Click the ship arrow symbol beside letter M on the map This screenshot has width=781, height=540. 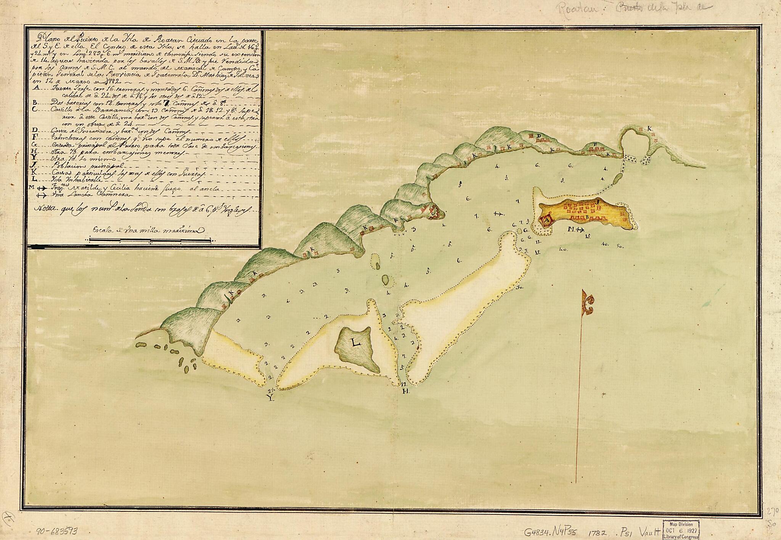(x=580, y=229)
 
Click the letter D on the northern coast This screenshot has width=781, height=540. (x=539, y=135)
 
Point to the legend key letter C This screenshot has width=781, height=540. (x=35, y=109)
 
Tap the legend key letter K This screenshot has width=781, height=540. (x=35, y=172)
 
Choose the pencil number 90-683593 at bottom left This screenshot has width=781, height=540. (x=58, y=530)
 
